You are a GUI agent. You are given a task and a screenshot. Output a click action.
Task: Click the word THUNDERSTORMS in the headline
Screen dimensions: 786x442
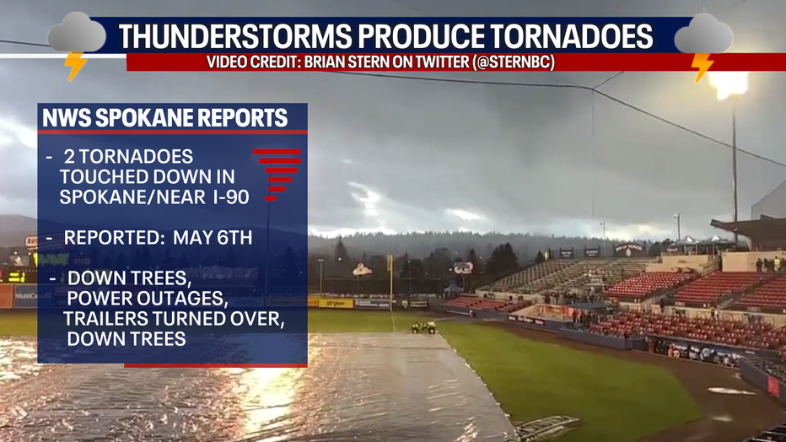pos(235,36)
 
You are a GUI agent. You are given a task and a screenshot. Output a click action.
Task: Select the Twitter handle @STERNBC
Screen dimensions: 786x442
pos(513,62)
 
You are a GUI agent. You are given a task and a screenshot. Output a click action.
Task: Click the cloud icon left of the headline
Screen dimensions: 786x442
pos(77,33)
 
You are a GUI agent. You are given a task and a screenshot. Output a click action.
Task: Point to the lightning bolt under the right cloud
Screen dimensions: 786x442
pos(702,66)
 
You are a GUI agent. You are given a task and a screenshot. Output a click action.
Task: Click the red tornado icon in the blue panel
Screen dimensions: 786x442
pos(277,174)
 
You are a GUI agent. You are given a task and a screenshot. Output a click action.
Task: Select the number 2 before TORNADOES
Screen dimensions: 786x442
pos(69,157)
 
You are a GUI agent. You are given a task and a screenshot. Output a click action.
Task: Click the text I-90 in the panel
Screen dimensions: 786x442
pos(231,197)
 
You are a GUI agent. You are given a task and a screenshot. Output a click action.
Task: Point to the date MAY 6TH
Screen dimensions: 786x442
pos(213,238)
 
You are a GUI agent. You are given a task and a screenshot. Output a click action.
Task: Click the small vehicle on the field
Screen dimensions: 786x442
pos(423,327)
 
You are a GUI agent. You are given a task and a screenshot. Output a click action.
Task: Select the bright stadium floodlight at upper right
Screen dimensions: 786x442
pos(729,84)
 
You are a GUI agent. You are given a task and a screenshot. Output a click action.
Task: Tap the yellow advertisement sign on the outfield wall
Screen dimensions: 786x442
pos(336,303)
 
